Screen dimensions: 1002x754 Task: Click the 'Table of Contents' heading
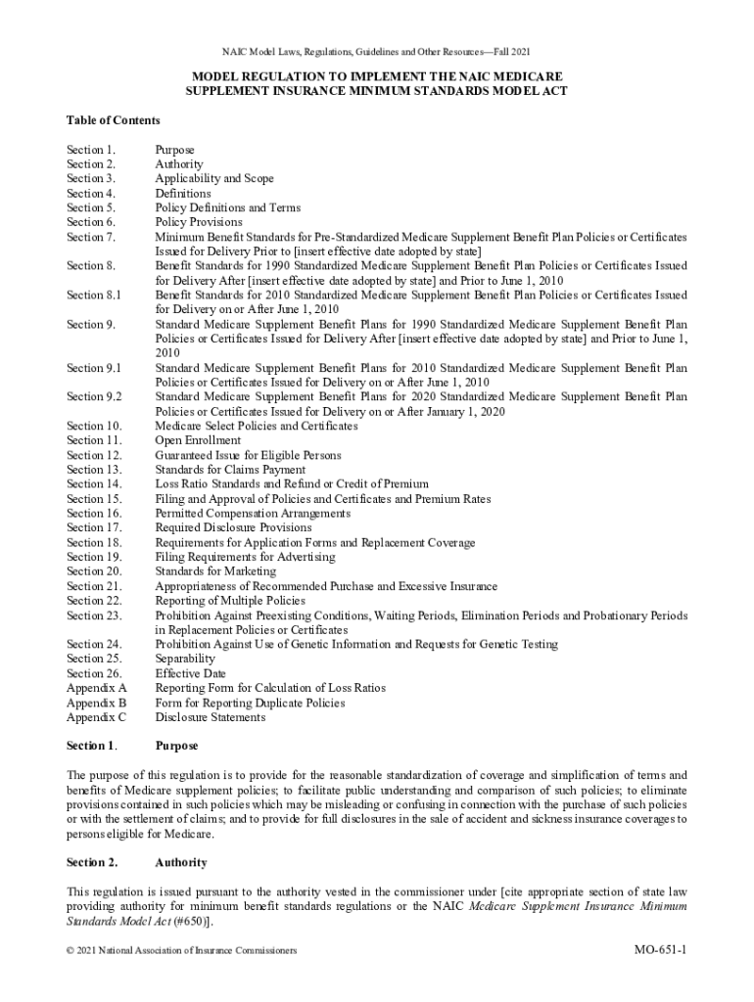(x=113, y=120)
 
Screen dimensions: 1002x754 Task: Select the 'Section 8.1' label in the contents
(x=93, y=295)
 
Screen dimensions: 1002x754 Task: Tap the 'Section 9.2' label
(x=93, y=396)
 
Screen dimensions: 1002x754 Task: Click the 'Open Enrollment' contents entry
(x=198, y=440)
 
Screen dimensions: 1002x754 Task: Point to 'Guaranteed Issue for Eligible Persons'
(x=248, y=455)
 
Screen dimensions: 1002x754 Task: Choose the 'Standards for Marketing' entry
(x=215, y=571)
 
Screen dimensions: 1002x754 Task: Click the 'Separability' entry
(x=186, y=659)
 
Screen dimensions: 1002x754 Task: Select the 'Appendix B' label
(x=96, y=703)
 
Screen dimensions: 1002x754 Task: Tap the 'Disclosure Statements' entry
(x=210, y=717)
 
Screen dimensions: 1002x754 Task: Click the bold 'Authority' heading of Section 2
(x=180, y=862)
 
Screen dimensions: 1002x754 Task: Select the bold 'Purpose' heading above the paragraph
(x=176, y=746)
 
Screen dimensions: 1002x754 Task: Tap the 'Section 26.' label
(x=93, y=673)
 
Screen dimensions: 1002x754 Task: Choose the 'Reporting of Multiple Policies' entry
(x=230, y=601)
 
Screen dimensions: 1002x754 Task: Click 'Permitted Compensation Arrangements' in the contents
(x=253, y=514)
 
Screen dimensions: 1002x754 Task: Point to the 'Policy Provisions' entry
(x=199, y=222)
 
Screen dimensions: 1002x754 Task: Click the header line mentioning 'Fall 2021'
(x=377, y=51)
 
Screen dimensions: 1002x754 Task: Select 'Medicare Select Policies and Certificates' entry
(x=257, y=426)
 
